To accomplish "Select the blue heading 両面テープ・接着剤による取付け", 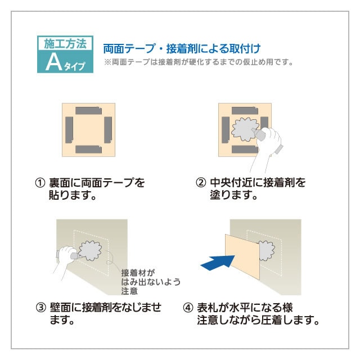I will point(181,48).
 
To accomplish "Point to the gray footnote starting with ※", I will point(199,62).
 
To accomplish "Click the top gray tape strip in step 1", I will point(88,110).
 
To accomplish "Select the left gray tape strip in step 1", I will point(70,129).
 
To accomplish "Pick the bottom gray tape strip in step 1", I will point(88,149).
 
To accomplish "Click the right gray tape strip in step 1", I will point(108,129).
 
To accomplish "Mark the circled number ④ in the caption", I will point(188,308).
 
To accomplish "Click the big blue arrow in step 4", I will point(216,262).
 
